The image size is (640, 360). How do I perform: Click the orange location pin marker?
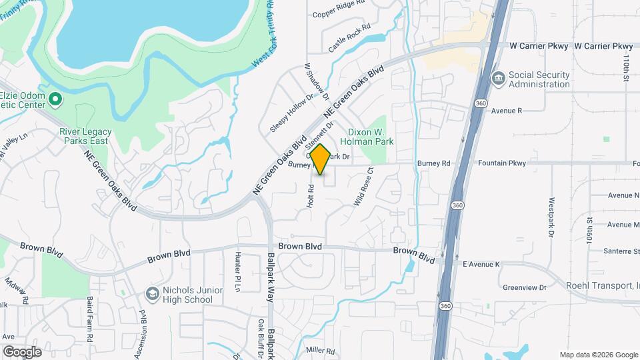coord(320,159)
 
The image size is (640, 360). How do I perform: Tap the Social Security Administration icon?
coord(498,79)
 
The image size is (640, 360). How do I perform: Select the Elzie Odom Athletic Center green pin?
coord(56,101)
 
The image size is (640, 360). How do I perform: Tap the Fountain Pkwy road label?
coord(499,163)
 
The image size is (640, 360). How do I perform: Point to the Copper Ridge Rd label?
coord(339,13)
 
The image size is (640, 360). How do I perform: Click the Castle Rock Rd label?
coord(349,43)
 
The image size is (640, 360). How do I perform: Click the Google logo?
coord(22,351)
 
